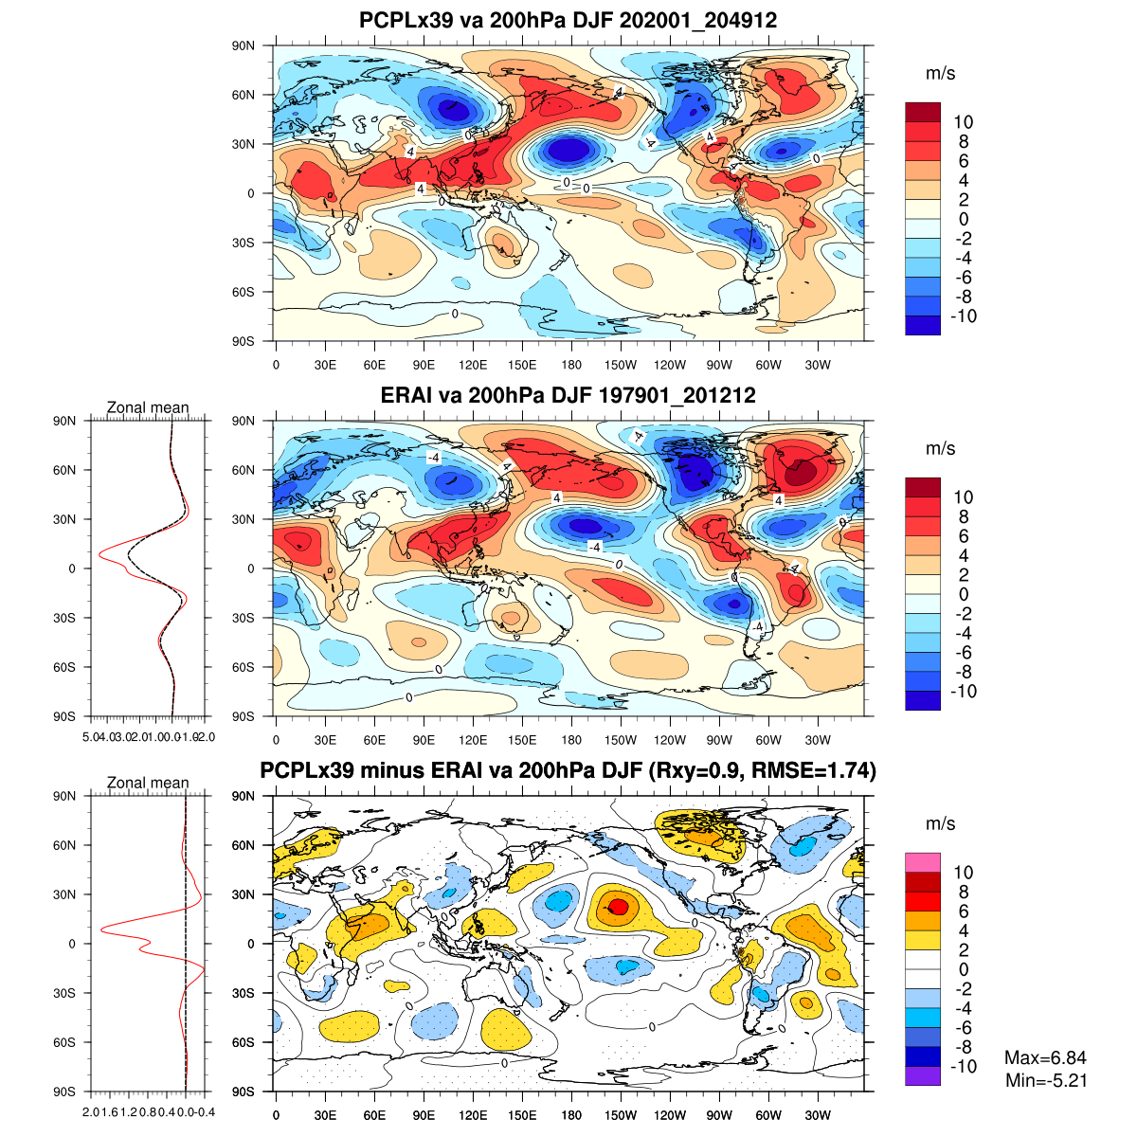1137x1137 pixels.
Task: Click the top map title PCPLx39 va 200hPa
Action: tap(568, 20)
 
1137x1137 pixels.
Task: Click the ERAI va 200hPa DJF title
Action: tap(568, 395)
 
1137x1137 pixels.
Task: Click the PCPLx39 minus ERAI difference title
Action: tap(568, 771)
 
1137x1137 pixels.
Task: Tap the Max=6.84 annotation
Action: tap(1045, 1058)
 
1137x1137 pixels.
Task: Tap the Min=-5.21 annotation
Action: tap(1045, 1080)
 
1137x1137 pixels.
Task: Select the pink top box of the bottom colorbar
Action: tap(923, 862)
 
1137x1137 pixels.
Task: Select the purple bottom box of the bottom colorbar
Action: tap(923, 1076)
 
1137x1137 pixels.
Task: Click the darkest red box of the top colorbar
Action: tap(923, 112)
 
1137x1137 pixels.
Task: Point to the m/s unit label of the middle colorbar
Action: tap(940, 448)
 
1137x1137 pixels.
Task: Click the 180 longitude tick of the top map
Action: tap(571, 365)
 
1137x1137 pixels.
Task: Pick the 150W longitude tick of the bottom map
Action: tap(621, 1115)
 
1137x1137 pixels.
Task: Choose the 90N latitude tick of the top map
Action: tap(244, 45)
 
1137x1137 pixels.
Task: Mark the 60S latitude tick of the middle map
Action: tap(244, 667)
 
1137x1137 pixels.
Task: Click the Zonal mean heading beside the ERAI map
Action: tap(148, 408)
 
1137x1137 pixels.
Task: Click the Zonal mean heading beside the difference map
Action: tap(148, 784)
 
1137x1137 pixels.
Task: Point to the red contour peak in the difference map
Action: tap(618, 907)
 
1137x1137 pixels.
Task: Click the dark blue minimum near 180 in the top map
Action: tap(568, 150)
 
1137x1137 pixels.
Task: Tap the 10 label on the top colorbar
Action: tap(964, 122)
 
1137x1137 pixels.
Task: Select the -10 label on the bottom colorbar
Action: tap(964, 1067)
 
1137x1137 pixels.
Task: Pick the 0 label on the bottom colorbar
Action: tap(964, 969)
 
